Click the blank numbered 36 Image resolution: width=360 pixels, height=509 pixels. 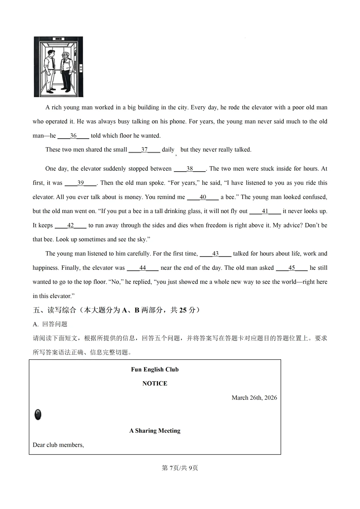coord(73,136)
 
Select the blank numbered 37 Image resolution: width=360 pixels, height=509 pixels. coord(144,150)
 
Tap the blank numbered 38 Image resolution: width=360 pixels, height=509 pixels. coord(190,169)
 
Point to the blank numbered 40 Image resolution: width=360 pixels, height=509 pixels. coord(203,197)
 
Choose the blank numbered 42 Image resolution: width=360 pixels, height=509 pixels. coord(70,225)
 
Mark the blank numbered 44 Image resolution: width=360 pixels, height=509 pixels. coord(143,268)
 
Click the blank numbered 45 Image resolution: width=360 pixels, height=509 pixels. coord(292,268)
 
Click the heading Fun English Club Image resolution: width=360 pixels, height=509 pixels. coord(155,369)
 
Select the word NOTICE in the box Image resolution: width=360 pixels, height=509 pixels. coord(155,383)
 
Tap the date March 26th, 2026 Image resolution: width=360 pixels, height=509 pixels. coord(254,398)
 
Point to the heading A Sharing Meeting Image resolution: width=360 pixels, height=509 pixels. coord(155,431)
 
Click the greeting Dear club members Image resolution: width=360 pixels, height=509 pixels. coord(58,445)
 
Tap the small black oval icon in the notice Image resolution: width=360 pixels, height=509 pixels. coord(38,415)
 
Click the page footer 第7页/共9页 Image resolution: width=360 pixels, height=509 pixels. coord(180,468)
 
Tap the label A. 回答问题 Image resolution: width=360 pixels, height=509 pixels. coord(50,324)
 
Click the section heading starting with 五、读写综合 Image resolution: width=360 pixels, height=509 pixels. coord(116,310)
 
